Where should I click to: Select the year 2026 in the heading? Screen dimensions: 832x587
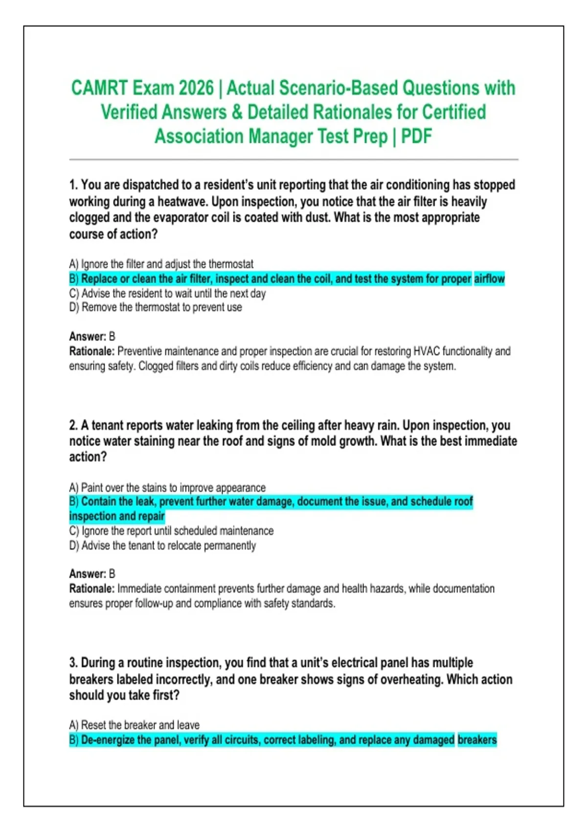196,88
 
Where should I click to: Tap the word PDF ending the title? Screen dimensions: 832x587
416,136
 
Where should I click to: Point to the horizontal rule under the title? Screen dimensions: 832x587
293,160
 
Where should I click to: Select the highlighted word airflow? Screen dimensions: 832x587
489,279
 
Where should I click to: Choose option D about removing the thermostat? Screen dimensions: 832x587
156,307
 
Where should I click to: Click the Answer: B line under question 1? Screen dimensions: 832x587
92,337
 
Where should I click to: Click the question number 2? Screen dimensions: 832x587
73,425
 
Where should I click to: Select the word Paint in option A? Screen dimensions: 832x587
92,488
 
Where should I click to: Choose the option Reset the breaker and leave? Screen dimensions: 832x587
135,725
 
